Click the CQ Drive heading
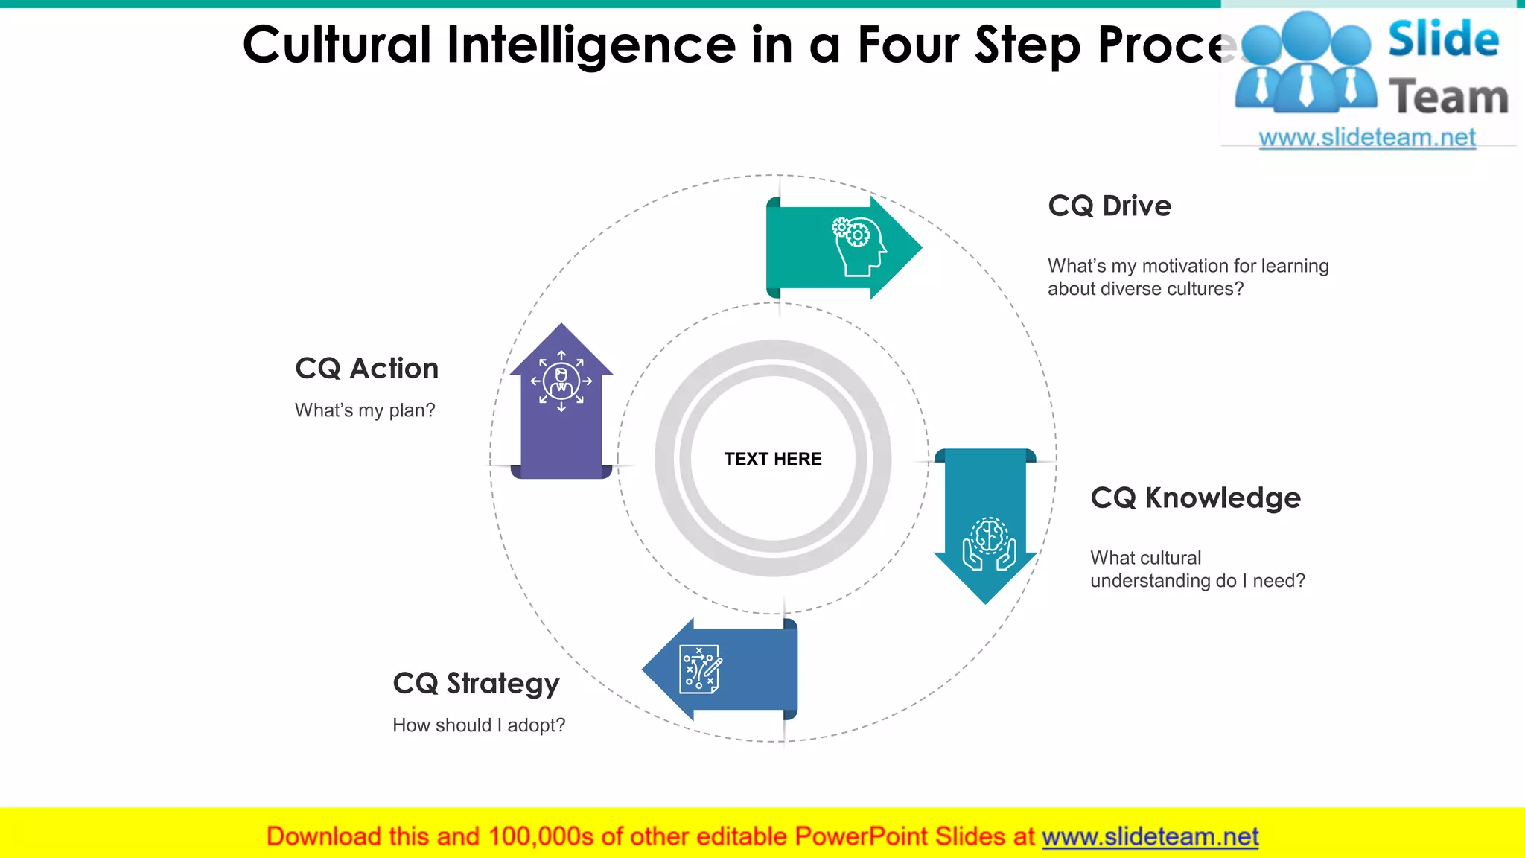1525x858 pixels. (x=1109, y=206)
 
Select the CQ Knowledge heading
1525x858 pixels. (x=1195, y=498)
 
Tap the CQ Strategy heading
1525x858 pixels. (x=476, y=684)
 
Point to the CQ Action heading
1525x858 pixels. (x=366, y=369)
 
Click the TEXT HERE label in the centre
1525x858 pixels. (x=773, y=459)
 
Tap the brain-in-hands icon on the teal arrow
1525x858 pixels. (x=989, y=544)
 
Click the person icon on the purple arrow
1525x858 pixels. (x=561, y=381)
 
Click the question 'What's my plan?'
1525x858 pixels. (x=365, y=410)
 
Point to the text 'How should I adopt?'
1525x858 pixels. (x=479, y=725)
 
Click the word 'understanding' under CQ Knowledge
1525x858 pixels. (x=1139, y=581)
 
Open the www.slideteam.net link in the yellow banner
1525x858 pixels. (x=1150, y=836)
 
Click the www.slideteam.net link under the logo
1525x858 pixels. (x=1366, y=138)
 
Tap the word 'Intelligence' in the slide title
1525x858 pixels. (x=591, y=45)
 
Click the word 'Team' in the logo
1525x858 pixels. (x=1448, y=98)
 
